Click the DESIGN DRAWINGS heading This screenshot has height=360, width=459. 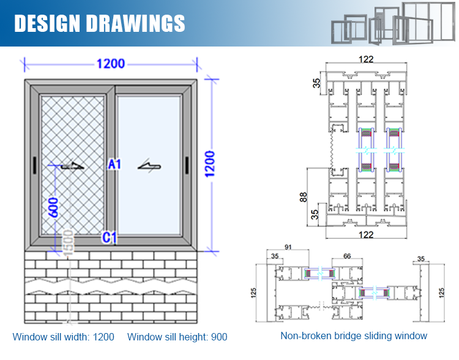pyautogui.click(x=100, y=23)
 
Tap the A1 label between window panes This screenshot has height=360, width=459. pyautogui.click(x=114, y=163)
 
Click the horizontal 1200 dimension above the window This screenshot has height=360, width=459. pyautogui.click(x=110, y=64)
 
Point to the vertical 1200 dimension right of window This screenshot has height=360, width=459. pyautogui.click(x=209, y=163)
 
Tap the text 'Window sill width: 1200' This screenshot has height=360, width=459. pyautogui.click(x=64, y=336)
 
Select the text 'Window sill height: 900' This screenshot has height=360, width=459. pyautogui.click(x=177, y=336)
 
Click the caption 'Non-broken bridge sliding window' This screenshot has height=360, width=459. pyautogui.click(x=354, y=336)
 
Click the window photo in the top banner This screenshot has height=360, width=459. pyautogui.click(x=392, y=23)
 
